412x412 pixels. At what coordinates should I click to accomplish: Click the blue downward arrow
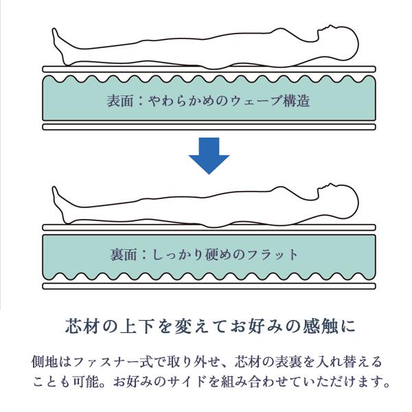[x=209, y=156]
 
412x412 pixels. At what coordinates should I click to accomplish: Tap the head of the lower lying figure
[x=339, y=201]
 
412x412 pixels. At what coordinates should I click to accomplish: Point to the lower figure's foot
[x=60, y=205]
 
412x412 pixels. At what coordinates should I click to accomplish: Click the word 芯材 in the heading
[x=82, y=326]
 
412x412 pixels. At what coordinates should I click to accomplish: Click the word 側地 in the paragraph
[x=45, y=362]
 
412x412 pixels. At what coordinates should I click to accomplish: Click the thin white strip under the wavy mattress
[x=209, y=127]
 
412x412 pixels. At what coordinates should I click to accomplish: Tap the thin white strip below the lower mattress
[x=209, y=286]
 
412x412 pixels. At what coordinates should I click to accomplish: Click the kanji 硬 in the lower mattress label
[x=211, y=255]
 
